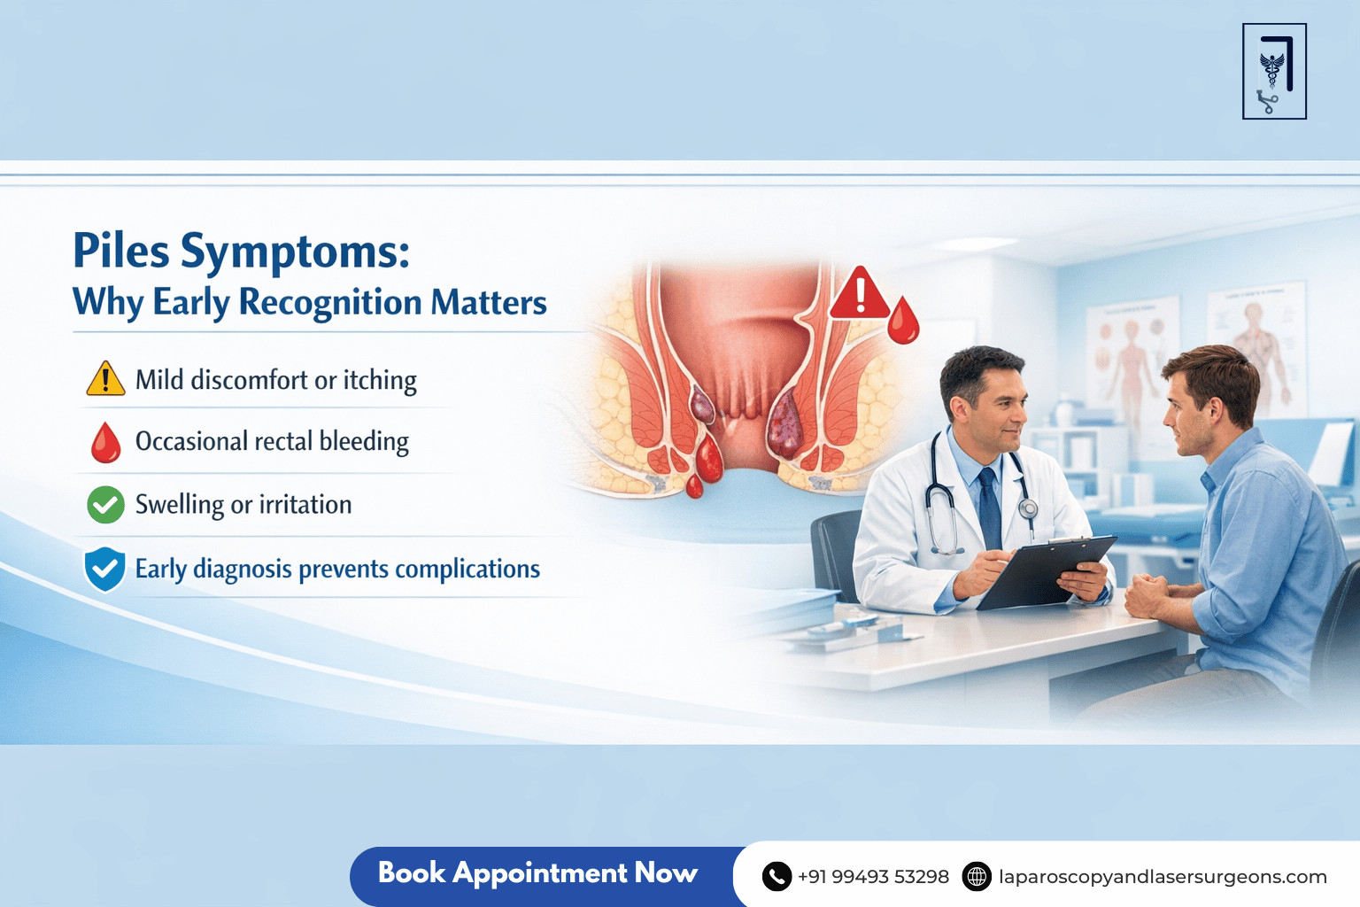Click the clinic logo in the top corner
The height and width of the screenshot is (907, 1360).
coord(1274,71)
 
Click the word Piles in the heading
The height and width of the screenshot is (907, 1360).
coord(120,250)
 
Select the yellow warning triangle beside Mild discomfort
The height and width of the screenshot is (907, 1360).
coord(105,378)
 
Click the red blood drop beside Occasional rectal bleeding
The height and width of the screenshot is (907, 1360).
coord(105,442)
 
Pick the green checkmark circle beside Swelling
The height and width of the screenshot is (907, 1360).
coord(105,505)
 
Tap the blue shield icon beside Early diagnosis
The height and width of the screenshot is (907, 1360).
coord(105,570)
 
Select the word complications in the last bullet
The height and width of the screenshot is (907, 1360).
coord(467,570)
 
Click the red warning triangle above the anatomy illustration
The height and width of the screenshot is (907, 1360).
coord(859,293)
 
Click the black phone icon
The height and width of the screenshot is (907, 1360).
coord(777,877)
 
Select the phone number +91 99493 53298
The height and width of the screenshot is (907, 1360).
coord(873,877)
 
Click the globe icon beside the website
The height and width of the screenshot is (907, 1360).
coord(977,877)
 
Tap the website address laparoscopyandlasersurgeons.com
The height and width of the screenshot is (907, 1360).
coord(1163,877)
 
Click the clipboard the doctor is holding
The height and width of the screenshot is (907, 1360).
coord(1046,571)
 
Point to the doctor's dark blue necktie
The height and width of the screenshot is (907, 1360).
coord(989,508)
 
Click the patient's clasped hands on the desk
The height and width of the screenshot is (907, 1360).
coord(1147,595)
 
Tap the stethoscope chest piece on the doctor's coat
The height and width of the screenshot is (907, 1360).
coord(1028,508)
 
